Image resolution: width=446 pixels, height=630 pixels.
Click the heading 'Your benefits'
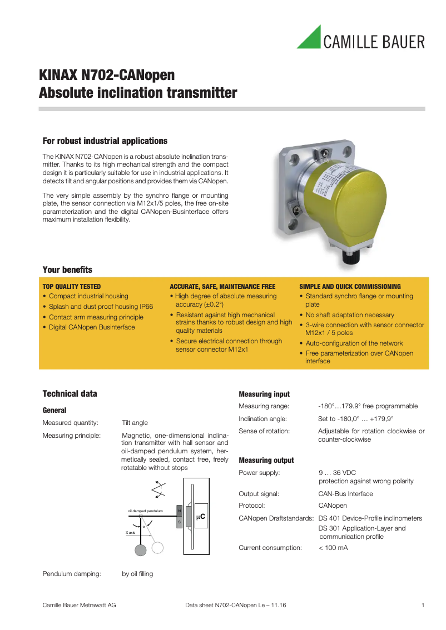(67, 270)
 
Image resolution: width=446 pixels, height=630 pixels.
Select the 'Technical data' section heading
(70, 394)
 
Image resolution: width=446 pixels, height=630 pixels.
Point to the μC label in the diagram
(201, 517)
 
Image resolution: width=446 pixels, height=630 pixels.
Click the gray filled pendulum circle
(140, 549)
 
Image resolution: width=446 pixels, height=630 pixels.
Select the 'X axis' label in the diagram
(131, 533)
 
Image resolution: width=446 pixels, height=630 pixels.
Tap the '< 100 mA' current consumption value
(333, 548)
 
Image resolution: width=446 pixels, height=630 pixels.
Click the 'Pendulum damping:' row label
(72, 574)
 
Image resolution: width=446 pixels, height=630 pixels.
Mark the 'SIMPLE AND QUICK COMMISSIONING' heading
(350, 287)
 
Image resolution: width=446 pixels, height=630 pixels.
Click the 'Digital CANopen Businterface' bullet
(92, 327)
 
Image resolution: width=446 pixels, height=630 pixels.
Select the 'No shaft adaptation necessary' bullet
(350, 315)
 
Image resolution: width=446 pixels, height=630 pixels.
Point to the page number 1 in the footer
(423, 605)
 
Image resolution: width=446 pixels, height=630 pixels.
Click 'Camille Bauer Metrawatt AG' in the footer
(80, 605)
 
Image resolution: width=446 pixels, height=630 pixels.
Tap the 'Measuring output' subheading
(266, 461)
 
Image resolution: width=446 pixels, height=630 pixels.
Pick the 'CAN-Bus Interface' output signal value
(345, 494)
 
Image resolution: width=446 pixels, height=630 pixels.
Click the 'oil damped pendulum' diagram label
(145, 511)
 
